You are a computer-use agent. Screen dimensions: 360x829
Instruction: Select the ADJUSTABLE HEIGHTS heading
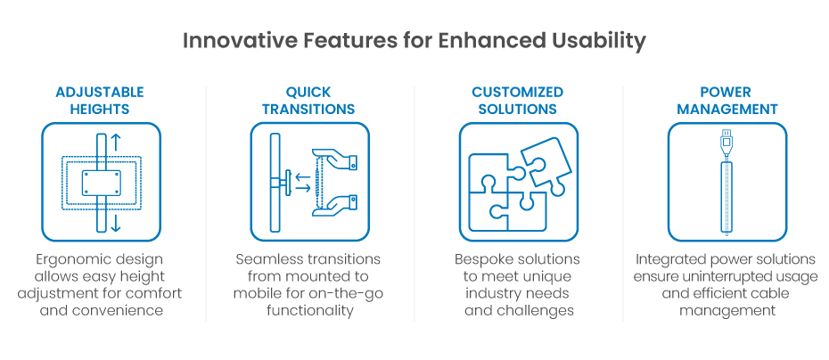(100, 101)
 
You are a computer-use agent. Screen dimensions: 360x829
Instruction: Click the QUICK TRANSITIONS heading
(308, 101)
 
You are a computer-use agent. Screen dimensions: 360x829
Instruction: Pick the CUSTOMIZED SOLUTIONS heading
(517, 101)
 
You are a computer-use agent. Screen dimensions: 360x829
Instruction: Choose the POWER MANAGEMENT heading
(726, 101)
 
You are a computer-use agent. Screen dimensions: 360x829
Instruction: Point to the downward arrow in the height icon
(116, 223)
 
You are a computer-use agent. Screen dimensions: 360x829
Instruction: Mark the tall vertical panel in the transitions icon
(272, 182)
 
